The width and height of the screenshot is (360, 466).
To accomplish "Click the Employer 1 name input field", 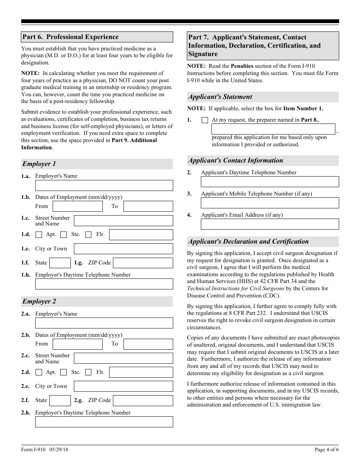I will click(104, 185).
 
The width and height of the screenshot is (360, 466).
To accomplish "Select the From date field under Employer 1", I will click(78, 206).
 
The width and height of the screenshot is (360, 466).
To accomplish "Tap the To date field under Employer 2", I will click(148, 344).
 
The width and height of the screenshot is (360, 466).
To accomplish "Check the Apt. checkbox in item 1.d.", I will click(39, 235).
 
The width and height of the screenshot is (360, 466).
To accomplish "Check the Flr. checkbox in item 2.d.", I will click(88, 372).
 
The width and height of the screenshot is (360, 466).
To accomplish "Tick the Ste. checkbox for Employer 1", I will click(64, 235).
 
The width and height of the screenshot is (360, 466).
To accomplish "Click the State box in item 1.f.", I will click(60, 263).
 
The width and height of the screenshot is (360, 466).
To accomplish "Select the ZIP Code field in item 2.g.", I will click(143, 400).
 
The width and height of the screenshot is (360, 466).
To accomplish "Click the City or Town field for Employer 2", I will click(123, 386).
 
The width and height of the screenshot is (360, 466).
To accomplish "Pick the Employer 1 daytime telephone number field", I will click(104, 284).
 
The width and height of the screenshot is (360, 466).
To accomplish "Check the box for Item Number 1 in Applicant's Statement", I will click(205, 120).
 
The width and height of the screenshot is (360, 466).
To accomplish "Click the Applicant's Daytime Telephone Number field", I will click(269, 182).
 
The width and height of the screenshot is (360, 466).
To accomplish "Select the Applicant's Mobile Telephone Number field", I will click(269, 203).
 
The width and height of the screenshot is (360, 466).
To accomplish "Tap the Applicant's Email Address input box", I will click(269, 224).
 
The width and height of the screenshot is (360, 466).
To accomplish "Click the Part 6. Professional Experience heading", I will click(70, 37).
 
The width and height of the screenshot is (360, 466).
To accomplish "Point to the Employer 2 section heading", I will click(39, 302).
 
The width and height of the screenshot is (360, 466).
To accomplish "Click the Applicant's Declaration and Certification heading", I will click(249, 242).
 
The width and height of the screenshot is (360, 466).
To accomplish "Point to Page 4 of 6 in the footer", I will click(327, 450).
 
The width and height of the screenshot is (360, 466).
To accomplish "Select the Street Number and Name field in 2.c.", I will click(123, 358).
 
